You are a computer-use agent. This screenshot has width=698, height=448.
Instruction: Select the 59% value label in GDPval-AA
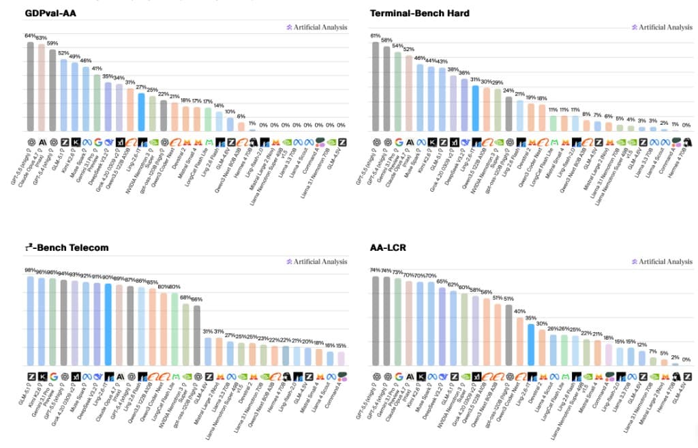52,44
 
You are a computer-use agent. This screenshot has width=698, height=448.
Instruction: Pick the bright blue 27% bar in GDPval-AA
141,112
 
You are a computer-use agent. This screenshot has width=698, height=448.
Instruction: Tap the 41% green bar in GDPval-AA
97,103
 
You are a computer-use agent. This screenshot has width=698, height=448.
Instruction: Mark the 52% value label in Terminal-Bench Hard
408,50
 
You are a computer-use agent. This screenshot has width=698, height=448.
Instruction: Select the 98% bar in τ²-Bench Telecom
31,321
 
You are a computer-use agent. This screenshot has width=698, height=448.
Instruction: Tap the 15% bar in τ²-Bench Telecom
341,359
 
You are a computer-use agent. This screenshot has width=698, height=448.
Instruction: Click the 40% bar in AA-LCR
519,342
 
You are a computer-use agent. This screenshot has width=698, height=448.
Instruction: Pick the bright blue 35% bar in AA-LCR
530,344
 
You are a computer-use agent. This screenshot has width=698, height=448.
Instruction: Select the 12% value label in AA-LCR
641,345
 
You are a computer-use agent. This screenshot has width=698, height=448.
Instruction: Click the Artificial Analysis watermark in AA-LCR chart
661,262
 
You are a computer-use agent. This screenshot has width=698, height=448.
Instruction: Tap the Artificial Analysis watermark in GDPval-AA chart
316,27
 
